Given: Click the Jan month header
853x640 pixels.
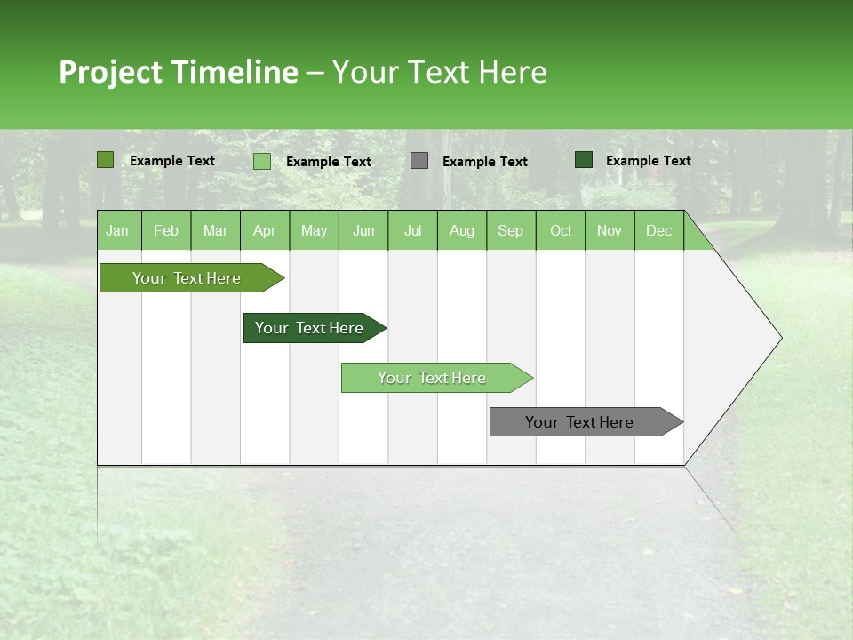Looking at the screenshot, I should click(117, 230).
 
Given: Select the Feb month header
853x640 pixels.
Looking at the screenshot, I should click(166, 230).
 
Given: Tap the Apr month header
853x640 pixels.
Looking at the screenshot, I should click(264, 230).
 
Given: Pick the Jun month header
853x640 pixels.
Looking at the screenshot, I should click(363, 230).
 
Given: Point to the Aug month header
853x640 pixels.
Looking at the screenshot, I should click(461, 230).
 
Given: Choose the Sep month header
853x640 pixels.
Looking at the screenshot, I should click(510, 230).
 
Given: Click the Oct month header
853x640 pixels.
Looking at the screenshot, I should click(560, 230).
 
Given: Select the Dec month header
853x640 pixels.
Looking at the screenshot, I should click(658, 230).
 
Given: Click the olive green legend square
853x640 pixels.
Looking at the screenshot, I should click(106, 160).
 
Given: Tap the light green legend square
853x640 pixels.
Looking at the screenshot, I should click(262, 161).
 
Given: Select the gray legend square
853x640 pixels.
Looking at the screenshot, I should click(419, 161).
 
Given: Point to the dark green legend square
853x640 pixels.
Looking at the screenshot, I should click(584, 160).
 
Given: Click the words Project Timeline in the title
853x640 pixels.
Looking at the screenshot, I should click(178, 72).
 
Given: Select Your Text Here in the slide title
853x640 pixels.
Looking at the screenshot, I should click(439, 72).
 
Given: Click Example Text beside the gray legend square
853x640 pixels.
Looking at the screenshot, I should click(484, 162).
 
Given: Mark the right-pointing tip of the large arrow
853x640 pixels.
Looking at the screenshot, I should click(780, 338).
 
